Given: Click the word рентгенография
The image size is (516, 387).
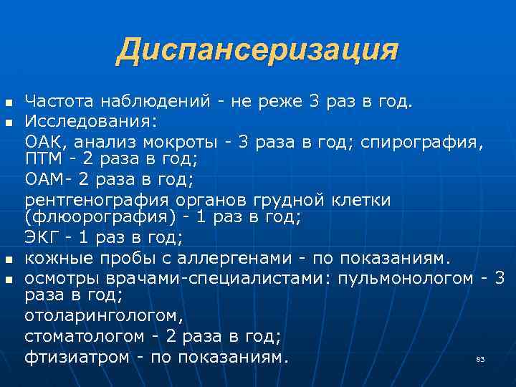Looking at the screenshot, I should [96, 199].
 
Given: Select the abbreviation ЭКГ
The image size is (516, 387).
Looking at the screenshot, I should [42, 236].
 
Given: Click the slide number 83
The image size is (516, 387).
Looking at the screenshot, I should [480, 359].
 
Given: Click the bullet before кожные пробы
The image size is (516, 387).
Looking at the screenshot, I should [9, 258].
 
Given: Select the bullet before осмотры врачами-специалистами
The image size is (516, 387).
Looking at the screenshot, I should [9, 278].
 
